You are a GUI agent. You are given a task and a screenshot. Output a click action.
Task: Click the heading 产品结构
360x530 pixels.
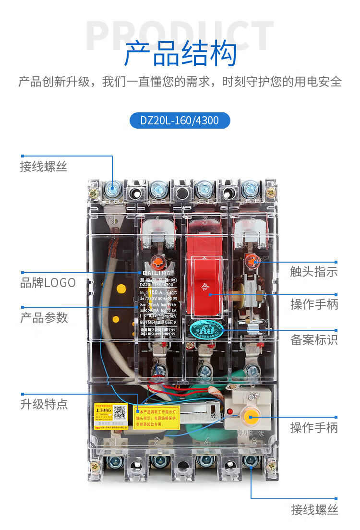point(180,54)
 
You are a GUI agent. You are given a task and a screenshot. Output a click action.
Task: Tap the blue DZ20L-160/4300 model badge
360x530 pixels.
point(180,120)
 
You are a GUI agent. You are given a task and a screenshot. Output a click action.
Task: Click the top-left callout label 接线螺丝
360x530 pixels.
point(44,167)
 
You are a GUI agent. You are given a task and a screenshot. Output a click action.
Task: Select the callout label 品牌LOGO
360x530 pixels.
point(48,283)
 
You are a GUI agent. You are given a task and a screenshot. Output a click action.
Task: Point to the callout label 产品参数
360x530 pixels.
point(44,318)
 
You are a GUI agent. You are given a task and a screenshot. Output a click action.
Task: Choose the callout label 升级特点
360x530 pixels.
point(44,404)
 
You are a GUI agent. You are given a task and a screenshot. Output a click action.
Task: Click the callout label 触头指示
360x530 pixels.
point(314,272)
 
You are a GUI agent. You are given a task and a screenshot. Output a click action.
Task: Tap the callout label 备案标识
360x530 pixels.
point(314,340)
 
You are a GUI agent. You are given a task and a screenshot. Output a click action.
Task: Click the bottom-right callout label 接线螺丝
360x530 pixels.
point(314,510)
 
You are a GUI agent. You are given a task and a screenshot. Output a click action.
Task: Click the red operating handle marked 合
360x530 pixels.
point(205,283)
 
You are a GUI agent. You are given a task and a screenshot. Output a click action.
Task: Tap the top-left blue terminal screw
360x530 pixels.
point(113,190)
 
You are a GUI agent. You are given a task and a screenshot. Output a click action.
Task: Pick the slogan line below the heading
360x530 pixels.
point(180,82)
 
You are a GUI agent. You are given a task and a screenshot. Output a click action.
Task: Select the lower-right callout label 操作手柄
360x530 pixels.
point(314,428)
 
